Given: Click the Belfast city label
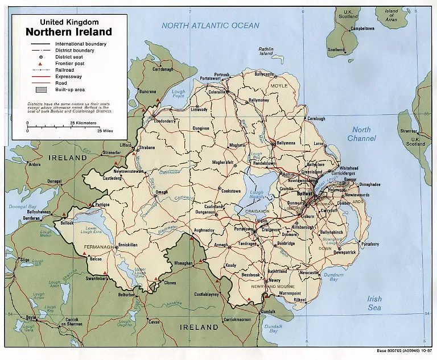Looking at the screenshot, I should point(304,193).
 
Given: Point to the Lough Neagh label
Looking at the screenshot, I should point(257,196).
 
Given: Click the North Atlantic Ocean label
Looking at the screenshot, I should point(210,26).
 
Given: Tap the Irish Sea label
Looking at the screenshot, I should point(374,303).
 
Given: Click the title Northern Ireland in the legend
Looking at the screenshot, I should point(68,32).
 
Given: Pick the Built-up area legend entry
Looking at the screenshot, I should point(70,89).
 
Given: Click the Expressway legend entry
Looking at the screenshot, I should point(68,76).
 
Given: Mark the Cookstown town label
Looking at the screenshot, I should point(231,191).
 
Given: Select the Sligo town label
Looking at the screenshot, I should point(24,259).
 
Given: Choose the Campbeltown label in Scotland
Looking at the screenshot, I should point(362,28).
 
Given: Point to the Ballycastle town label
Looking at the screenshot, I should point(265,74).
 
